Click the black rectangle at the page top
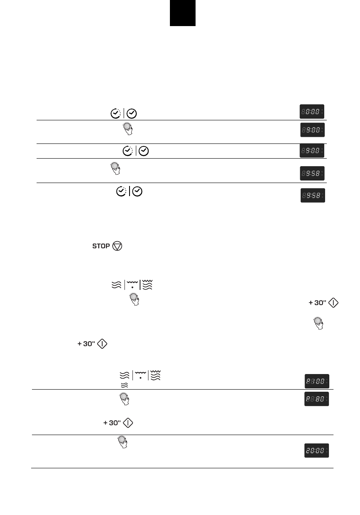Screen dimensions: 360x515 183,13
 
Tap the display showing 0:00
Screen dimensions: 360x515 312,111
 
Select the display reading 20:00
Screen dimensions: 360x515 317,451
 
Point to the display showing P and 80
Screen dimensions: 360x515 317,399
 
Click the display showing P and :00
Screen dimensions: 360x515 317,381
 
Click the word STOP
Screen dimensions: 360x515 101,246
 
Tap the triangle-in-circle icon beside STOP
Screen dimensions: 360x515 117,246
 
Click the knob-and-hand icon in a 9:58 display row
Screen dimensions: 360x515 114,168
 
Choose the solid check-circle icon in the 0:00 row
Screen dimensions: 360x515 132,113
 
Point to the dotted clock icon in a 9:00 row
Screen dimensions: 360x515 127,151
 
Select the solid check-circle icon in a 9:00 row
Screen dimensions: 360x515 144,151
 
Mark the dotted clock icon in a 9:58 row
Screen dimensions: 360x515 121,191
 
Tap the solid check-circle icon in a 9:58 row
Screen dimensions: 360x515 137,191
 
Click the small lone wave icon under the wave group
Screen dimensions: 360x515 124,385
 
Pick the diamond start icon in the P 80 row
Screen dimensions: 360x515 128,423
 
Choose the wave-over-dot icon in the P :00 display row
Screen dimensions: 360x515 140,375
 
